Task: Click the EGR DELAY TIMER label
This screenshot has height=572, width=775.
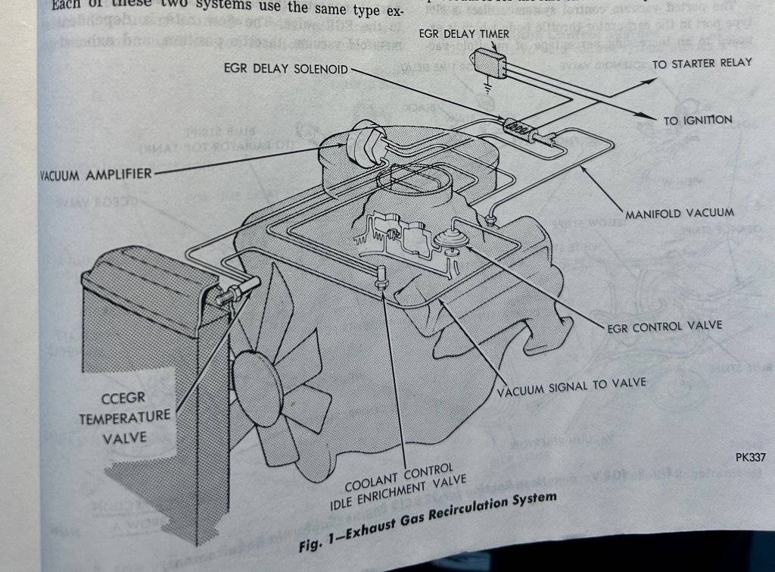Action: (464, 34)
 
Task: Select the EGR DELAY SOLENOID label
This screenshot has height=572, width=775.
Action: (286, 69)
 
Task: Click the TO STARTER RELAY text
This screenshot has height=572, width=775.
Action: (702, 64)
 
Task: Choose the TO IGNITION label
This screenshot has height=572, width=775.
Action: (698, 120)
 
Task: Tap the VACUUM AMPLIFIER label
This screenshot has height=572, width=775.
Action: (95, 175)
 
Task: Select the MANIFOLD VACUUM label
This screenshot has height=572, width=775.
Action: (679, 213)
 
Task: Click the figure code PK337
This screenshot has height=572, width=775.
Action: (751, 458)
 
